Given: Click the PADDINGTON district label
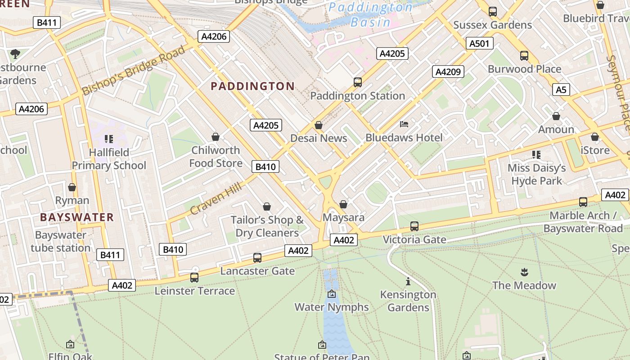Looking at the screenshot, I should [252, 86].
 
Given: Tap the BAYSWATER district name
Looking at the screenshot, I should [77, 217].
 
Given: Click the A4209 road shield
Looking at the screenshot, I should [448, 72].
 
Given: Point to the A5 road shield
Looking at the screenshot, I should [561, 90].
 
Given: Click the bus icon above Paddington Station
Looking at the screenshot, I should [358, 82].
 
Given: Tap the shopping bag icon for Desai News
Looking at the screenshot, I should [319, 125].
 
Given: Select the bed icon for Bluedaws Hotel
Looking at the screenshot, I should [404, 124].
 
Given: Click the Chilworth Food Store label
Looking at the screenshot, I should [216, 157].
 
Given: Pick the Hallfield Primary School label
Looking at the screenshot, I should [109, 159].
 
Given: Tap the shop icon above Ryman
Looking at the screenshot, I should [72, 187].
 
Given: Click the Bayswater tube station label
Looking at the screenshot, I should [61, 242].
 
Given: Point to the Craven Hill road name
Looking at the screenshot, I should [216, 198].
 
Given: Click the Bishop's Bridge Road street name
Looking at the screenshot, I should [133, 71].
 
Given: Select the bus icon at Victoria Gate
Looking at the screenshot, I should [414, 226].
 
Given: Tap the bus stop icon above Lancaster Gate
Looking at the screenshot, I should [257, 258].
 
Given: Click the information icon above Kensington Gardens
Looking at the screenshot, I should [408, 282].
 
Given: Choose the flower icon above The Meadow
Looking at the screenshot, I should [524, 272].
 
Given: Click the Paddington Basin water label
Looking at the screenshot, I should [371, 14].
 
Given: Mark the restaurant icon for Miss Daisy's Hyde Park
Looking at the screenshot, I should [536, 155].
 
